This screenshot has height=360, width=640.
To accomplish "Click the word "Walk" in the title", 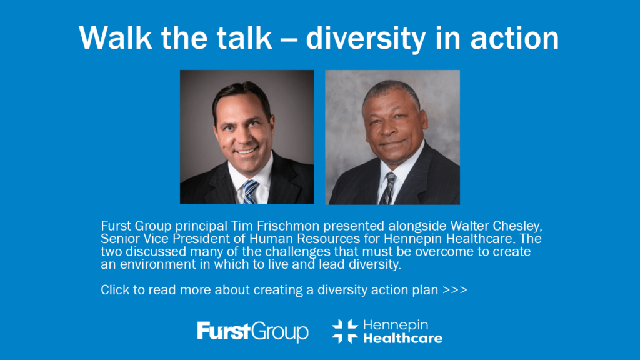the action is (x=115, y=38).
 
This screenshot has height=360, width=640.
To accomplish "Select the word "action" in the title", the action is (x=514, y=38).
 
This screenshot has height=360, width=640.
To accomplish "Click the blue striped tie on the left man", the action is (x=250, y=192).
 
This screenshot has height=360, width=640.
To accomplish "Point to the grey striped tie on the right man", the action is (x=387, y=188).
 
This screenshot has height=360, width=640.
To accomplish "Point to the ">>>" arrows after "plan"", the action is (x=455, y=290).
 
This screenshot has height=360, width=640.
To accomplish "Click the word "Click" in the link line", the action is (x=115, y=290).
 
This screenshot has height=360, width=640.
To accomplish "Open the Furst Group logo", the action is (x=252, y=331).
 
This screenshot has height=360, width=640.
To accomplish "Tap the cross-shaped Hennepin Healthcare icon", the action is (x=345, y=331).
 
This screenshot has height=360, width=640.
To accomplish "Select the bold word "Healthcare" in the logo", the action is (x=403, y=338).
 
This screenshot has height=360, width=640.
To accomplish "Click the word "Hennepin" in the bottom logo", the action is (x=396, y=325).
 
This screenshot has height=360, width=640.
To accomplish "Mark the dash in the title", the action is (x=289, y=40).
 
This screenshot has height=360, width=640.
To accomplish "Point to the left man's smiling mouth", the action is (x=246, y=151).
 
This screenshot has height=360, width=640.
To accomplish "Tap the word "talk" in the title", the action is (x=244, y=38).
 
